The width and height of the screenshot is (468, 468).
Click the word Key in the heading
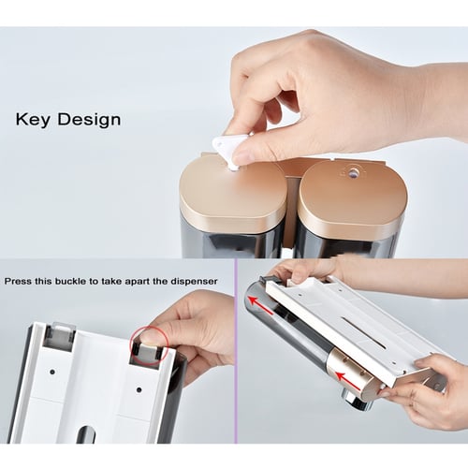33,120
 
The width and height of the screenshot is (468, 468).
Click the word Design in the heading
89,120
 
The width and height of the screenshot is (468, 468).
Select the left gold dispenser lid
232,194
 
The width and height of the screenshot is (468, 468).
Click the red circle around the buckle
149,345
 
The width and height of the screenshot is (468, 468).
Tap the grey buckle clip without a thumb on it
60,335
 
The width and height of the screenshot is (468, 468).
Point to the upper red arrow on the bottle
261,304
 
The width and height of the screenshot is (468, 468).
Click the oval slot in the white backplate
82,434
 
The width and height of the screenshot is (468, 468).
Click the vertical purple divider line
236,351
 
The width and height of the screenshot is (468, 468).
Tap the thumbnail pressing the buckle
150,337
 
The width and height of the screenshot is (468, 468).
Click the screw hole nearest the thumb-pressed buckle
139,389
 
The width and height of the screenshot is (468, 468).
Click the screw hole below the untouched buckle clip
52,372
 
